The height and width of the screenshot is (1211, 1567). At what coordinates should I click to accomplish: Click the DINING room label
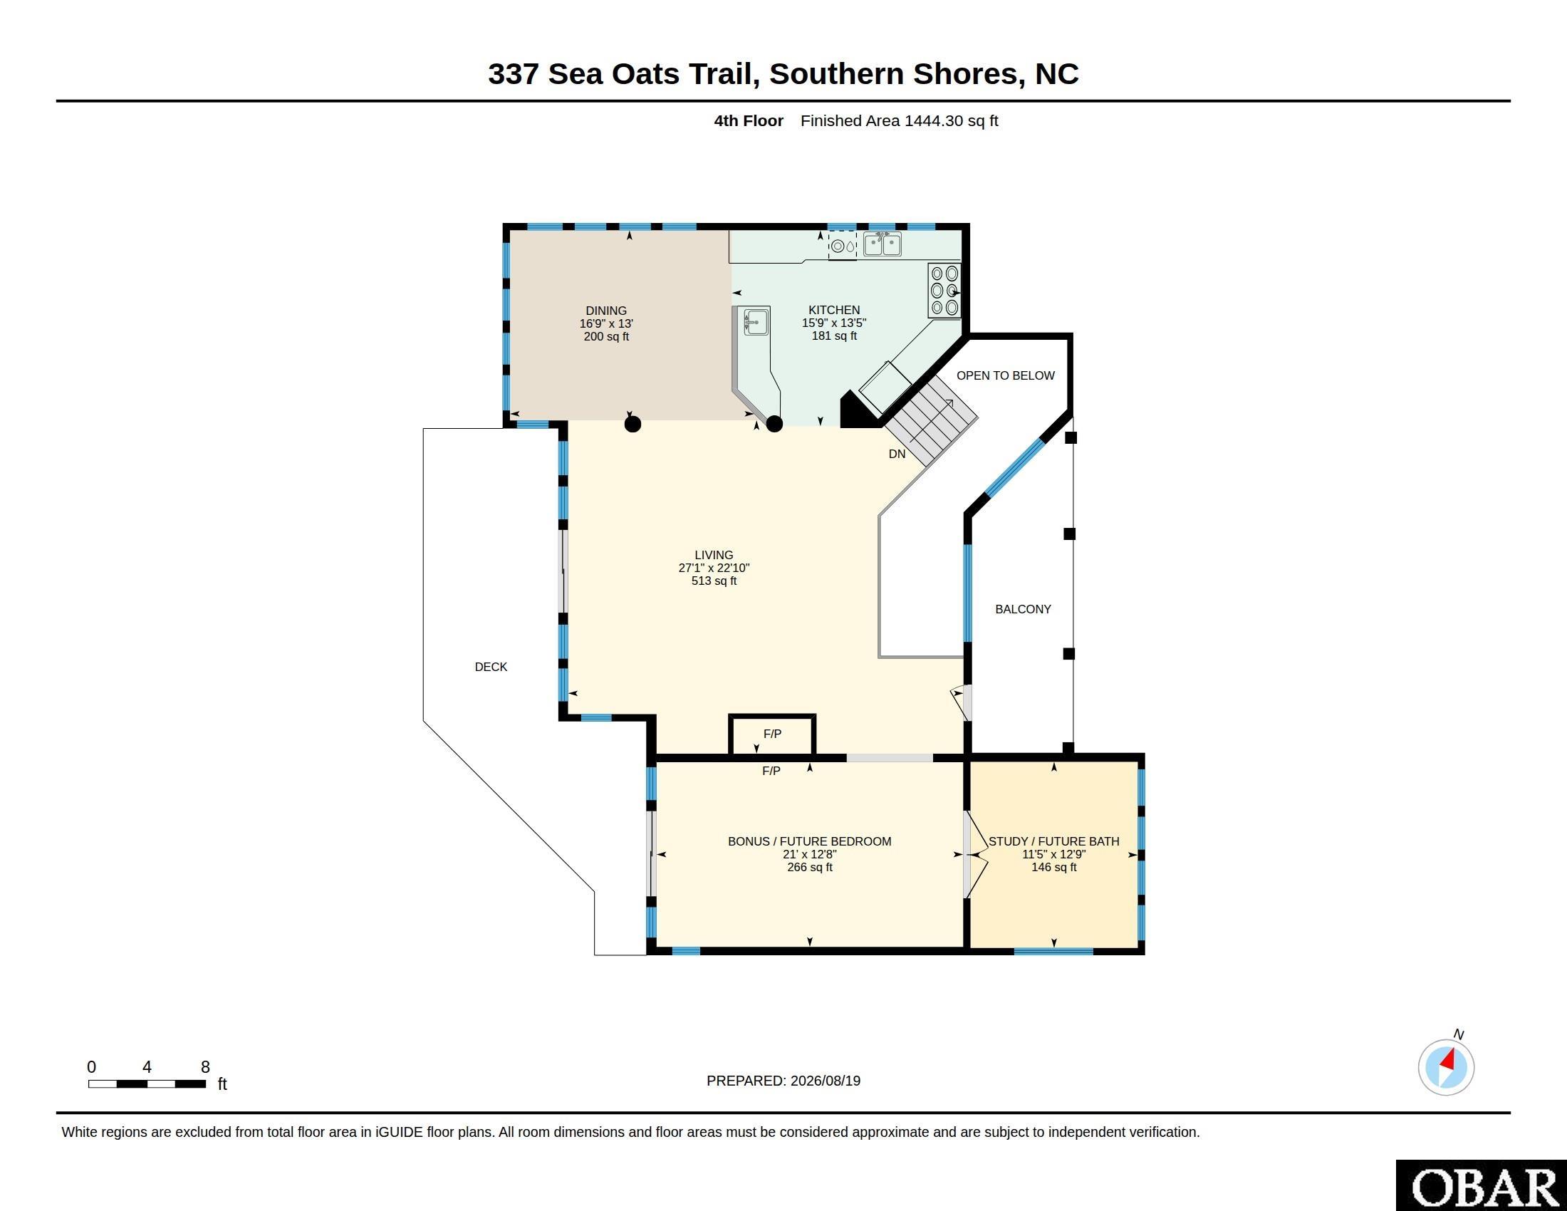tap(606, 311)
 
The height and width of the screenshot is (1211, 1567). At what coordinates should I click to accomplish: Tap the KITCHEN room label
tap(834, 310)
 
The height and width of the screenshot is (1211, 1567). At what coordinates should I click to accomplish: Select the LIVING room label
tap(714, 554)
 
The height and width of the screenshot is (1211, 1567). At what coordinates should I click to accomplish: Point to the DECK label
tap(491, 667)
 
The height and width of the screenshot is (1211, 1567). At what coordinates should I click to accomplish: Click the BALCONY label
tap(1022, 609)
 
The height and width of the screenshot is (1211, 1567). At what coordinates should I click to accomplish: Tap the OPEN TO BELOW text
tap(1005, 375)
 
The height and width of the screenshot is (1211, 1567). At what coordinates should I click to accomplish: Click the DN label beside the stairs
tap(897, 453)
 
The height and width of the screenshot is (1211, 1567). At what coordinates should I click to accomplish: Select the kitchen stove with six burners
tap(944, 291)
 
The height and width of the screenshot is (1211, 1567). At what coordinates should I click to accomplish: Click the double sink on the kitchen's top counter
tap(882, 244)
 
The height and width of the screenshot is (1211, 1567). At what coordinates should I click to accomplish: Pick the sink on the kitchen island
tap(756, 321)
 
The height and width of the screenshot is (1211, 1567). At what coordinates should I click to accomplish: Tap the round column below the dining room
tap(632, 424)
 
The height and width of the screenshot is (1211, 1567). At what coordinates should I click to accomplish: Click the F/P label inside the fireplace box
tap(772, 734)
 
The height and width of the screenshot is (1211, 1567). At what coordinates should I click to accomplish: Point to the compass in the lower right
tap(1446, 1067)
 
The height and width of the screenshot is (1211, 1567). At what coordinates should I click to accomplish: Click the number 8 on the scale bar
tap(205, 1067)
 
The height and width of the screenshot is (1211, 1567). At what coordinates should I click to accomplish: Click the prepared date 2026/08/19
tap(825, 1081)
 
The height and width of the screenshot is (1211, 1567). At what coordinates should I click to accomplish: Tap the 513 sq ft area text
tap(714, 581)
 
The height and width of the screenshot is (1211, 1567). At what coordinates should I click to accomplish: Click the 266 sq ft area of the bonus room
tap(809, 867)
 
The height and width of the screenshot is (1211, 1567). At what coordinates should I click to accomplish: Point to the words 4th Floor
tap(749, 120)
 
